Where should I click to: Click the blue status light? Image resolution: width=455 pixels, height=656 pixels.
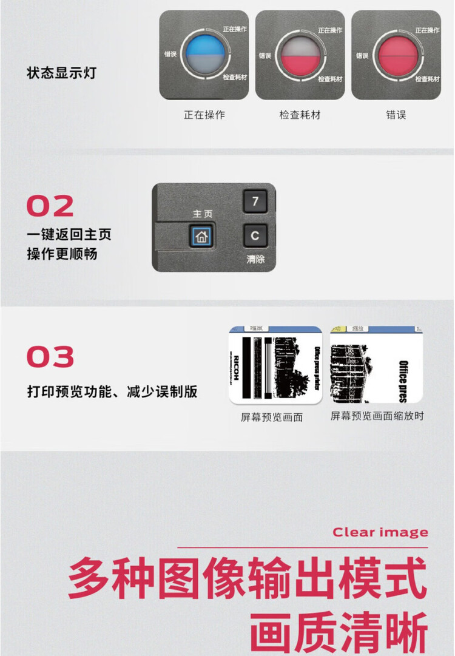point(204,54)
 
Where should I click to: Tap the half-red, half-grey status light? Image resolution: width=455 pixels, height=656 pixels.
point(300,55)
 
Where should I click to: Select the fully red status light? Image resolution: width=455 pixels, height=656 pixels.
point(397,54)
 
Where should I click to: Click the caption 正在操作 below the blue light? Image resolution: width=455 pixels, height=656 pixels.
point(204,114)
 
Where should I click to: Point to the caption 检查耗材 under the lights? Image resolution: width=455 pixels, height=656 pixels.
point(300,114)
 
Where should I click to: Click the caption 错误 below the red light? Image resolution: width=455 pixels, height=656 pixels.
point(396,114)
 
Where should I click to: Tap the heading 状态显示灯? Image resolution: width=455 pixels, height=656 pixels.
point(61,73)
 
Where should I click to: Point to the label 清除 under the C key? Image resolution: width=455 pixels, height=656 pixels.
point(255,259)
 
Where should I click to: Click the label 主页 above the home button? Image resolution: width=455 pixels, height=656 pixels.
point(202,214)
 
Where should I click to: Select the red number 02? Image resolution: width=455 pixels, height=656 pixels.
point(50,206)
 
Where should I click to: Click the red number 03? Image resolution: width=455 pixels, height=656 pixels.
point(50,357)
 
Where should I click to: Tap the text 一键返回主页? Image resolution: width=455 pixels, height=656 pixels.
point(69,234)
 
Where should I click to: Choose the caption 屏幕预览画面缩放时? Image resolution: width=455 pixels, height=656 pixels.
point(377,416)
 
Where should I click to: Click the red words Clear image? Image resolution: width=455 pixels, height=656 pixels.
point(380,532)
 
